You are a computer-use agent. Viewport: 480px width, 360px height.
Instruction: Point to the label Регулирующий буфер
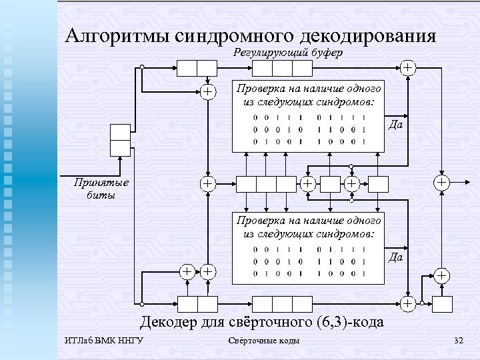pos(289,53)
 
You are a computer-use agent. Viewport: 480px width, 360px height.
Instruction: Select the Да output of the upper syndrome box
pos(395,125)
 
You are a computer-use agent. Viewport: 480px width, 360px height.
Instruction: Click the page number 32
pos(458,341)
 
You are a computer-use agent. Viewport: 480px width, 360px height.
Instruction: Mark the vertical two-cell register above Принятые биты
pos(120,139)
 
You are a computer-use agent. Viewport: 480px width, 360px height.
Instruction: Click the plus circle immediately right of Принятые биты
pos(209,182)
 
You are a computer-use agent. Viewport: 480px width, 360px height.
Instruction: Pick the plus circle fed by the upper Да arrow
pos(440,182)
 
